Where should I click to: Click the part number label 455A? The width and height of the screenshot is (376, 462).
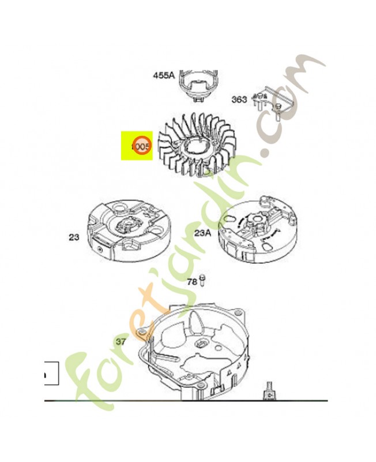point(163,74)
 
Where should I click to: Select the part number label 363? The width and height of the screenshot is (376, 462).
point(239,99)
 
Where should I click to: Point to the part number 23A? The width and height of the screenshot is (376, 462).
point(202,233)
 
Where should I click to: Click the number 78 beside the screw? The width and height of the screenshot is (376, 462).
point(192,282)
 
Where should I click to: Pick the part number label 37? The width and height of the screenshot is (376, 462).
point(121,341)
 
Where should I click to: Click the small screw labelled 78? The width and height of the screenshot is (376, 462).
point(203,281)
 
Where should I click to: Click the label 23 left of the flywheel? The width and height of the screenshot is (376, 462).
point(73,237)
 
